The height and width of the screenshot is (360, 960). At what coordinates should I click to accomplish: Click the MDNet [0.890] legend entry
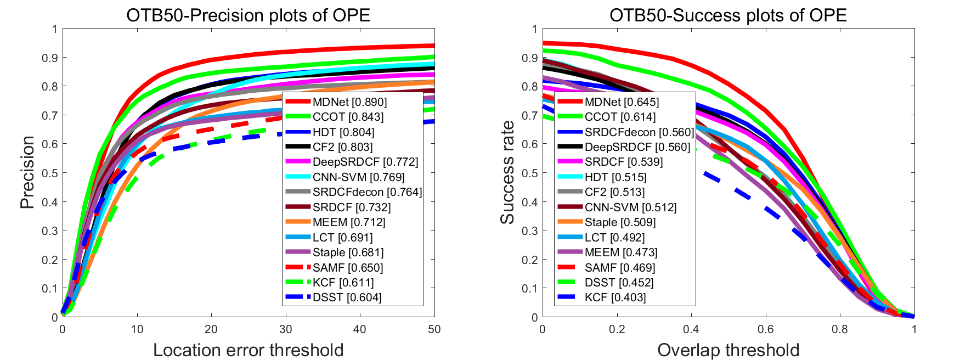349,102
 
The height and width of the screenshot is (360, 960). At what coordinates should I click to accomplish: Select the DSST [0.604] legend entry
347,297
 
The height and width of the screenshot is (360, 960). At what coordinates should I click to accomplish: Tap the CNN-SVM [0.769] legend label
358,177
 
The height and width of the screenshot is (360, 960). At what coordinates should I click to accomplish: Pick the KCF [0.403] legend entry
615,297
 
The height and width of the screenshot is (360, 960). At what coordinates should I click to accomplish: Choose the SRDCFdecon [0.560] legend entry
639,132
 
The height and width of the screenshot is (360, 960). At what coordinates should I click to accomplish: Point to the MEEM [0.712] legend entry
349,222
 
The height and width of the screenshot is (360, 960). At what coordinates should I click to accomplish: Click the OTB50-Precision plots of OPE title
248,15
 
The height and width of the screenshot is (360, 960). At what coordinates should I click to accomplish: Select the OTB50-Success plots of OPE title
728,15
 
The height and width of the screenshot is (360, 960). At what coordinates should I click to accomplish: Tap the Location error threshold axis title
248,350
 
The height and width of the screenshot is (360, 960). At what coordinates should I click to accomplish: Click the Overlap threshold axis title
728,350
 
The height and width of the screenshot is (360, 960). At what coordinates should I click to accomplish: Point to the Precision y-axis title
27,172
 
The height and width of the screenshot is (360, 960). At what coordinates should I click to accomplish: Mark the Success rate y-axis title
507,172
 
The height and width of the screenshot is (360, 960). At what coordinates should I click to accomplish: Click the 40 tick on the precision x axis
360,329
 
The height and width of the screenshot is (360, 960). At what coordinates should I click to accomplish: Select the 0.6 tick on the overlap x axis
765,329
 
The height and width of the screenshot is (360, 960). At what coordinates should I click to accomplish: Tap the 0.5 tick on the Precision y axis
50,173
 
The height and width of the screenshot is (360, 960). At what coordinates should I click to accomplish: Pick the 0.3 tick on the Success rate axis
530,230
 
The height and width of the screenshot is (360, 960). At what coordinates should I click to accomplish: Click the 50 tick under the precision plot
434,329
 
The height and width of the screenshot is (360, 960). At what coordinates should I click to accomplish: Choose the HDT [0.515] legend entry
615,177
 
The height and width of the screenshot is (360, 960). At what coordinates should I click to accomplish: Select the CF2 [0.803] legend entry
342,147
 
